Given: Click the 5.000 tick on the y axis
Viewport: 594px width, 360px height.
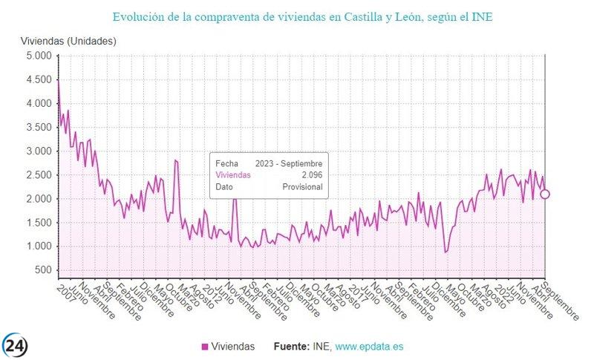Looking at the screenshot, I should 36,56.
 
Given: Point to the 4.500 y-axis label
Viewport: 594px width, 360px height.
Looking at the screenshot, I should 36,80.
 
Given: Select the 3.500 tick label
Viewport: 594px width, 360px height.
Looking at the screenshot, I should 36,128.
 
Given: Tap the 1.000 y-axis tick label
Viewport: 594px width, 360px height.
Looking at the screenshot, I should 36,246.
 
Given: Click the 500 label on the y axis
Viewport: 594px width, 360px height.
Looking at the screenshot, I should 43,270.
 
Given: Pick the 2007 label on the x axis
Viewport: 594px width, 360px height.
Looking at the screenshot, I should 67,290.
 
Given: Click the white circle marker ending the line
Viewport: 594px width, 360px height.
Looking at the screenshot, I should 545,194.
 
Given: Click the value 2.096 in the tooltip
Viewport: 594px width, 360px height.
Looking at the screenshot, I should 311,175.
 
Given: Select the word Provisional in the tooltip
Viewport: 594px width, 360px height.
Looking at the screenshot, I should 303,187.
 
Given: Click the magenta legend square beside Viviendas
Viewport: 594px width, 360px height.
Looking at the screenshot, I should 205,347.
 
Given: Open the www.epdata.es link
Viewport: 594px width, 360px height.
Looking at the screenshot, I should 369,347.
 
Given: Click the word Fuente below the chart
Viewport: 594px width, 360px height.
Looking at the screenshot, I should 293,347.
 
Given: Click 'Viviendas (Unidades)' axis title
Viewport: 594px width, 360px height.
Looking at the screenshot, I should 68,41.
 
